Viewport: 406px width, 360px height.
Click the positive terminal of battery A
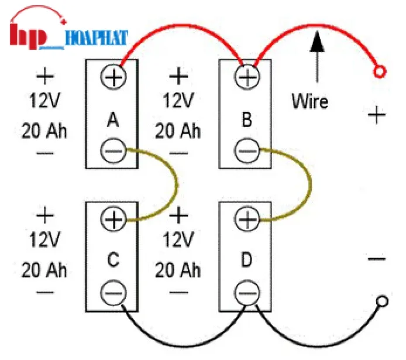113,76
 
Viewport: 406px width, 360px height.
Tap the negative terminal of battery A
113,151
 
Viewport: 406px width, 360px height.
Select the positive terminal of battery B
246,76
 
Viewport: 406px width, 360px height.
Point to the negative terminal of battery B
246,151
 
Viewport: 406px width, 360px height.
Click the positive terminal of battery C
113,220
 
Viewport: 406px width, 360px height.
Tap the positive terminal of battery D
246,220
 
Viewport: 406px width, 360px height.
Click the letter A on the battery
113,121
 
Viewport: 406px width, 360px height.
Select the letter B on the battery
246,121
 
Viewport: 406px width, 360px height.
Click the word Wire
310,101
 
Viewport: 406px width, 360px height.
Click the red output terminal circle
380,72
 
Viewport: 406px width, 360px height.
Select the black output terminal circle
381,301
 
